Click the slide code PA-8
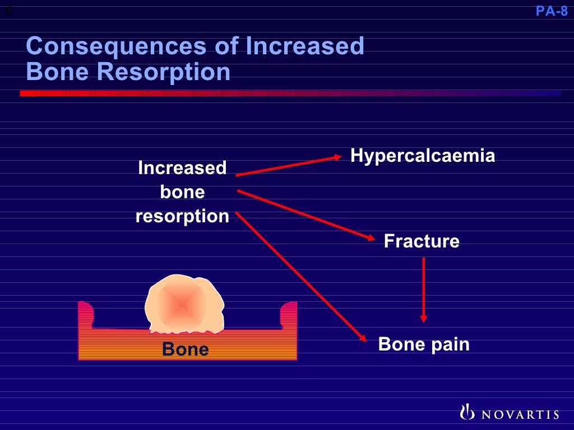(552, 11)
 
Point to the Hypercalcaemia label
(423, 156)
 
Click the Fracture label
(422, 241)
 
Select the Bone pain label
(424, 344)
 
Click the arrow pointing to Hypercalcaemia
(289, 166)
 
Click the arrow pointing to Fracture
(306, 216)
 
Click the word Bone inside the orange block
(185, 349)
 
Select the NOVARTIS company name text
(517, 414)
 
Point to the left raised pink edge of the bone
(86, 314)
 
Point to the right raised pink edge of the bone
(289, 314)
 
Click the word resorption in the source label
(182, 216)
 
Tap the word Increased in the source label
(182, 168)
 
